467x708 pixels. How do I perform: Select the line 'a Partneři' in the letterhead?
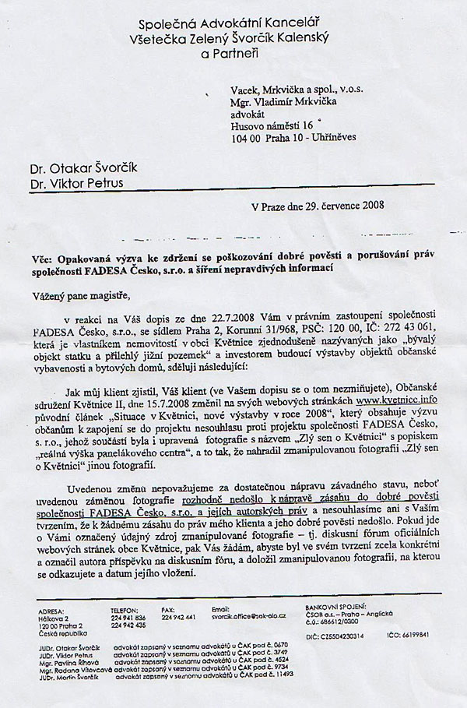point(230,52)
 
